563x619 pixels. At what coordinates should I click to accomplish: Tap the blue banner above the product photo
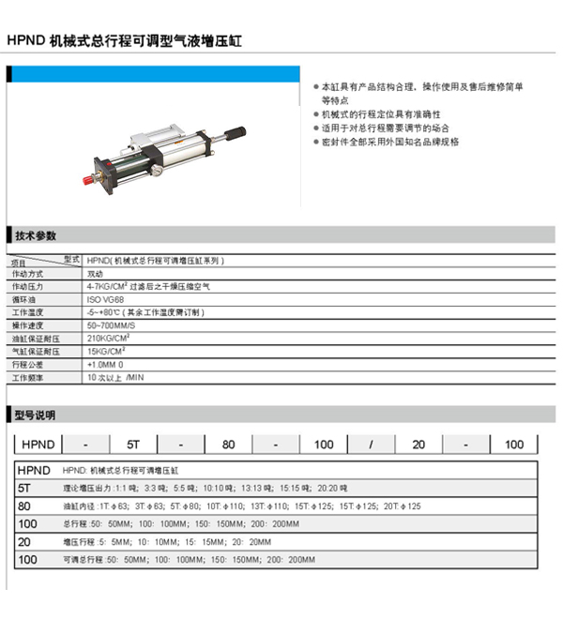155,74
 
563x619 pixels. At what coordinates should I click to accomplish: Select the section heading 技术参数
36,235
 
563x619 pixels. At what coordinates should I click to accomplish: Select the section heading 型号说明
36,415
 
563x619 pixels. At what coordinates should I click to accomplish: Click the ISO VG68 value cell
105,299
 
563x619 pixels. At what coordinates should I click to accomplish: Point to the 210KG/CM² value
109,338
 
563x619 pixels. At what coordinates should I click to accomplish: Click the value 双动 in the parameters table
95,273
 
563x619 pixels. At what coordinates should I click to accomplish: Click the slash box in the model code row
371,444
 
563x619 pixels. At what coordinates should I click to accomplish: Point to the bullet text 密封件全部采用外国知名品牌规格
390,142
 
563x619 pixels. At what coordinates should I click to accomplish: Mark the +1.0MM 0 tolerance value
105,364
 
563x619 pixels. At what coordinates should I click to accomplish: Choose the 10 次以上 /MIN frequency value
115,377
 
